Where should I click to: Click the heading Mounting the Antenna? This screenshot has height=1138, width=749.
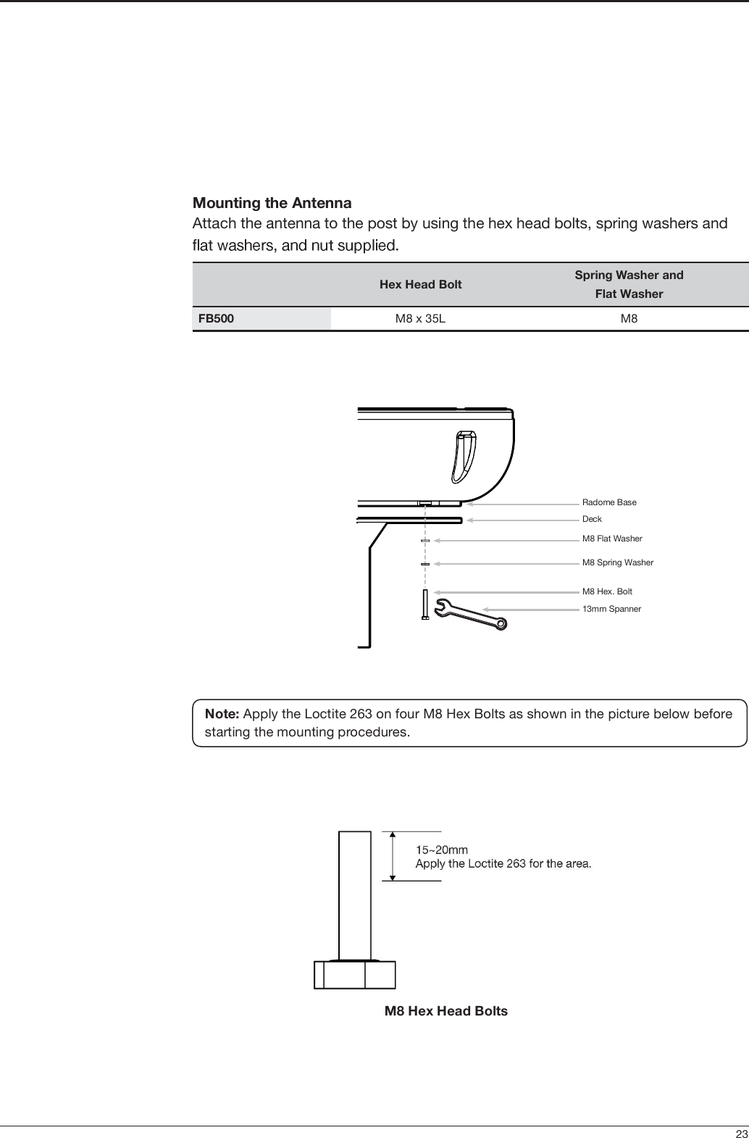pyautogui.click(x=272, y=202)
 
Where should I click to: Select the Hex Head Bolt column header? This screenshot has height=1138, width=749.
pyautogui.click(x=420, y=284)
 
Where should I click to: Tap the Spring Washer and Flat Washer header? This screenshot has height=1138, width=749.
pyautogui.click(x=629, y=284)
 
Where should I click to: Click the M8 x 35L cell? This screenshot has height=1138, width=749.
pyautogui.click(x=420, y=318)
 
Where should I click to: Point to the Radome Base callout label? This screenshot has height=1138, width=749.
pyautogui.click(x=609, y=502)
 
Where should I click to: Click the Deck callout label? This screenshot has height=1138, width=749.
pyautogui.click(x=592, y=519)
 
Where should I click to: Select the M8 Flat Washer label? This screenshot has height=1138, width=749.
pyautogui.click(x=612, y=539)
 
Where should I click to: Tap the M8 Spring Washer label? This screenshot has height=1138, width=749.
pyautogui.click(x=618, y=562)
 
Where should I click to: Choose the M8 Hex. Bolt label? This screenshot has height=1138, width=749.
pyautogui.click(x=607, y=591)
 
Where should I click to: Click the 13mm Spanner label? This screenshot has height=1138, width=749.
pyautogui.click(x=611, y=609)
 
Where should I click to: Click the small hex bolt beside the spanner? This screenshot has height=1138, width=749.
pyautogui.click(x=425, y=604)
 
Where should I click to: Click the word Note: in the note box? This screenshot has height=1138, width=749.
pyautogui.click(x=222, y=714)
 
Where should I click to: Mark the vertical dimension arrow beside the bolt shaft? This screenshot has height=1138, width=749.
pyautogui.click(x=393, y=855)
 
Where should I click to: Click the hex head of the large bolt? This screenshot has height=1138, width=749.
pyautogui.click(x=355, y=974)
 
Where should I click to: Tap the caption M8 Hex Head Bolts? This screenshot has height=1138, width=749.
pyautogui.click(x=445, y=1011)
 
